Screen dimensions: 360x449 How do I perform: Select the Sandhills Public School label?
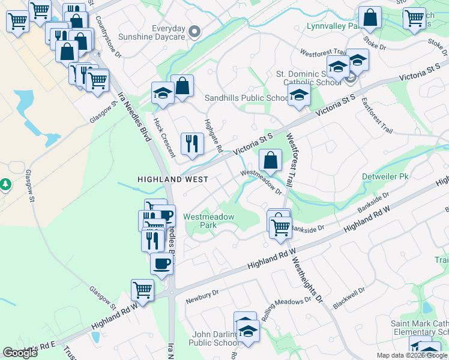247,98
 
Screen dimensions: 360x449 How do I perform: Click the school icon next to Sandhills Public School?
299,94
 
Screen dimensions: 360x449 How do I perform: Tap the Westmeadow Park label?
208,221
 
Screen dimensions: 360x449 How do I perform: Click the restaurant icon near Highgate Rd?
192,143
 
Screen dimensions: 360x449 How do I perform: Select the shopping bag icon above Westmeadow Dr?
271,160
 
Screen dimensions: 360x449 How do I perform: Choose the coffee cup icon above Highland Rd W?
161,263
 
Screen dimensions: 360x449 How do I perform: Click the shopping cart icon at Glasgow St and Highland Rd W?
143,290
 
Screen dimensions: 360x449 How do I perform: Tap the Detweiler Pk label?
385,177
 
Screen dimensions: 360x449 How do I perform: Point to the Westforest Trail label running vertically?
293,159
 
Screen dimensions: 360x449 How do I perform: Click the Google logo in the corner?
20,353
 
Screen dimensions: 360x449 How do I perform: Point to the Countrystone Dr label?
108,37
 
